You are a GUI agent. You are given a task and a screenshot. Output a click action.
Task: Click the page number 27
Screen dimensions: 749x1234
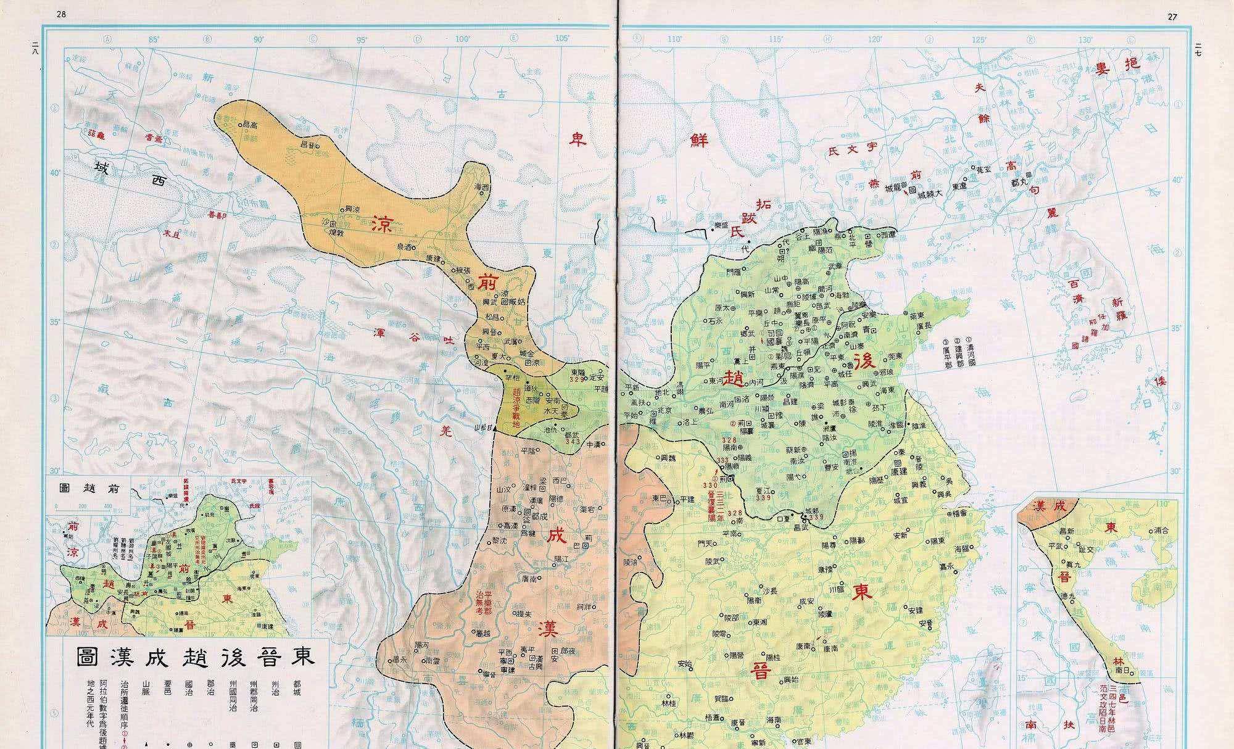coord(1172,17)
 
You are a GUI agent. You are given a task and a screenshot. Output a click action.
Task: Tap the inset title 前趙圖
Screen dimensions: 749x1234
coord(88,487)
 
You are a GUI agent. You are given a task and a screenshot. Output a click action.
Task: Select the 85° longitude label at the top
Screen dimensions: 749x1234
coord(154,39)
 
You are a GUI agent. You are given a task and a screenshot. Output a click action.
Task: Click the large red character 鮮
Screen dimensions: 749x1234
coord(700,139)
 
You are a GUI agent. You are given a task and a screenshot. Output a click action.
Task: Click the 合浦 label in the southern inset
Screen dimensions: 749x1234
coord(1159,530)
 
